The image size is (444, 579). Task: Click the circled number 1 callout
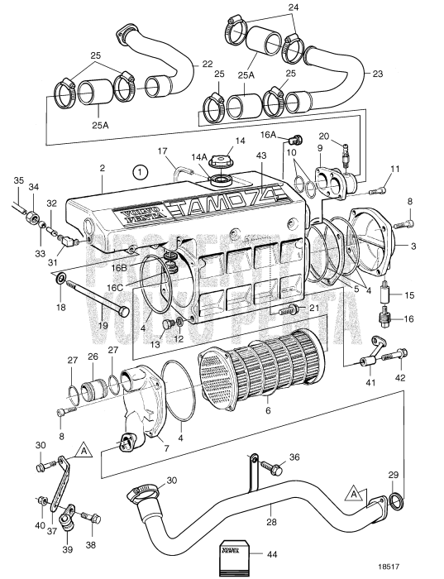pyautogui.click(x=141, y=173)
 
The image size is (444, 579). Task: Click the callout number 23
pyautogui.click(x=378, y=74)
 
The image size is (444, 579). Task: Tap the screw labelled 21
pyautogui.click(x=290, y=311)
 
